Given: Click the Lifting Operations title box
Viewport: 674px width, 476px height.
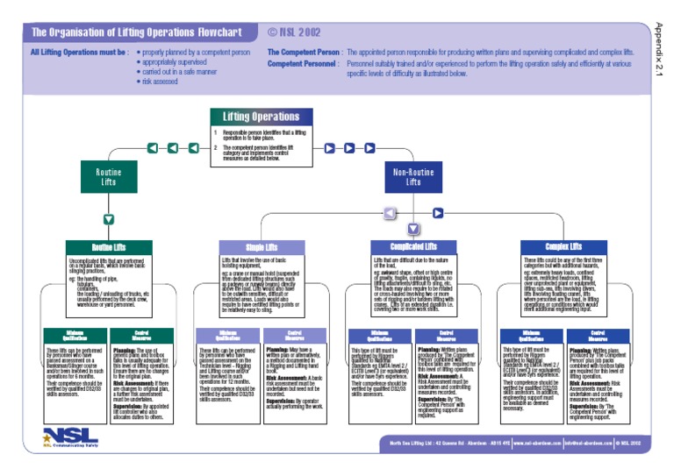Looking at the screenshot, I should (x=261, y=117).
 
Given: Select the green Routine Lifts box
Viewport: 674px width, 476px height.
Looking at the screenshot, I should (x=108, y=178).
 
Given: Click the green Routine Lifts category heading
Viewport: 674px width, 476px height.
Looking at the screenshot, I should (x=108, y=248).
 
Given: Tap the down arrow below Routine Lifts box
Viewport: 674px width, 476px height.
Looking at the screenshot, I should (x=108, y=219).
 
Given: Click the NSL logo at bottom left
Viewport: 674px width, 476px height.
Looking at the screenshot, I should (x=70, y=437).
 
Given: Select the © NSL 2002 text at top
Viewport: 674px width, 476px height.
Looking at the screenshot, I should (x=295, y=32).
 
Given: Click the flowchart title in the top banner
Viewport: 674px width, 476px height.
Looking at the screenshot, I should (x=136, y=32).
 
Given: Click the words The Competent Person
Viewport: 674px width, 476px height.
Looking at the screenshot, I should (x=304, y=53).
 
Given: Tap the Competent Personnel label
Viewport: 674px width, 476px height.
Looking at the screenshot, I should (x=302, y=64).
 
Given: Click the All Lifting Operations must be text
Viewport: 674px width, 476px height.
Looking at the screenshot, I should (x=80, y=53).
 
